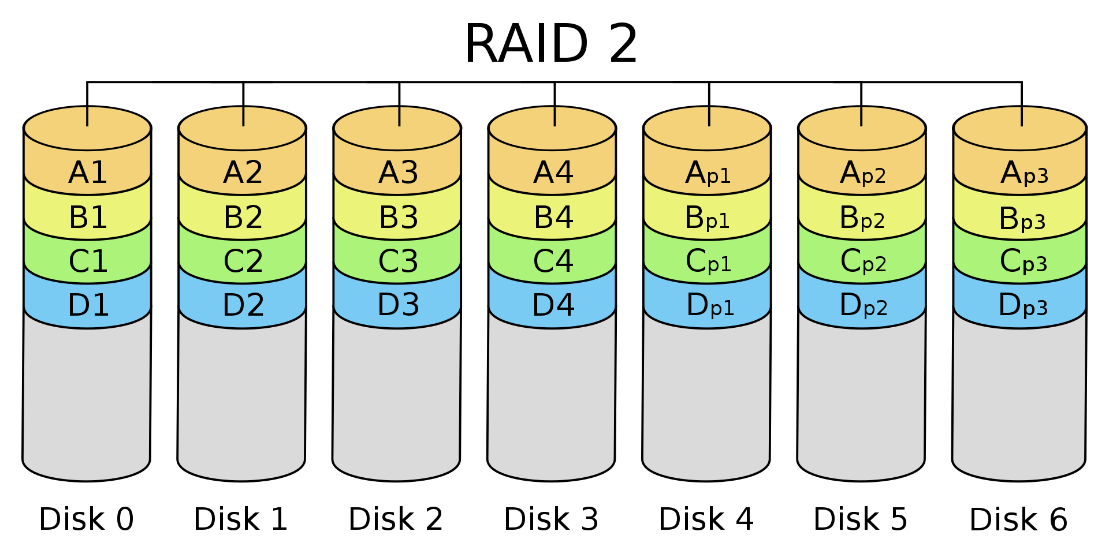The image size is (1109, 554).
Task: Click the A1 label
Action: pos(88,173)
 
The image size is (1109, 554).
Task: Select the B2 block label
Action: pos(243,218)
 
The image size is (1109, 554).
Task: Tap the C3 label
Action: pos(398,261)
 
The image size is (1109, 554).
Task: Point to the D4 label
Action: pos(553,305)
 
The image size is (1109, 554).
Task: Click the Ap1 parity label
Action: pos(708,173)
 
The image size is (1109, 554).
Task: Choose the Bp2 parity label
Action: pos(862,218)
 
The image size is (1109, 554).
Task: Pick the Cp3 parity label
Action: pos(1024,261)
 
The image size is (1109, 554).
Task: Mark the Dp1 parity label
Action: pos(710,305)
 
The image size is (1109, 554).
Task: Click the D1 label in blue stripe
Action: pos(88,305)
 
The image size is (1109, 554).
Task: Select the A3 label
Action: pos(398,173)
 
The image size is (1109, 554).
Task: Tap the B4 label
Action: pos(553,218)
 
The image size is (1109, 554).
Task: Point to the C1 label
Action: pos(88,261)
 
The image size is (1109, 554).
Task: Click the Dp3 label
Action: pos(1023,305)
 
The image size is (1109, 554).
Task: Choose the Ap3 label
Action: pos(1024,173)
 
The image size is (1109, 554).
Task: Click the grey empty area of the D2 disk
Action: pos(241,398)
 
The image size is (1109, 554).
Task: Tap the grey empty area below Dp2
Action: pos(861,398)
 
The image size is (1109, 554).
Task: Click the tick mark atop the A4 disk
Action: pos(554,116)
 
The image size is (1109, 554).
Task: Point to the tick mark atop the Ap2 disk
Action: pos(861,116)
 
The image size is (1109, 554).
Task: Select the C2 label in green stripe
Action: pos(243,261)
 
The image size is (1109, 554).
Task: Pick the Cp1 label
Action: pos(708,261)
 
